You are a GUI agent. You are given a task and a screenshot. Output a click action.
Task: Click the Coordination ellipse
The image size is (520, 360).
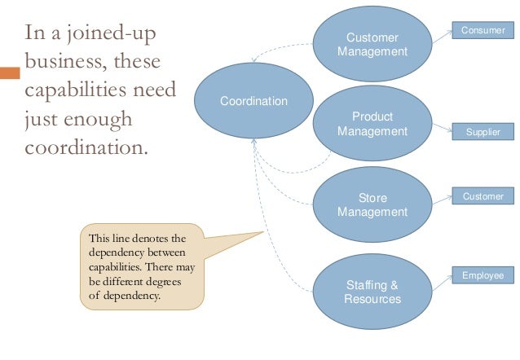pos(253,102)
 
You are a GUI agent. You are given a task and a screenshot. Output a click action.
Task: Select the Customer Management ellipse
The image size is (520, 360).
pos(372,45)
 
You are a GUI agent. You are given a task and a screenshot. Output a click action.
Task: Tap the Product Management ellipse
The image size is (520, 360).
pos(372,124)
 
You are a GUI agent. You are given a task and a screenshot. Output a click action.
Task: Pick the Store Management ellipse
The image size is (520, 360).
pos(372,205)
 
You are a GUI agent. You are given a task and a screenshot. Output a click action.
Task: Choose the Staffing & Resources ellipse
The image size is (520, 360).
pos(372,292)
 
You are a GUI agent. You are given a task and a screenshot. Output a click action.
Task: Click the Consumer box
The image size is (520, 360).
pos(483,30)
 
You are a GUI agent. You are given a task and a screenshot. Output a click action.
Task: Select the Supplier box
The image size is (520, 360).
pos(483,131)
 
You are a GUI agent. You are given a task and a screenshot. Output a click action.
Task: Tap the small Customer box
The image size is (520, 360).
pos(483,196)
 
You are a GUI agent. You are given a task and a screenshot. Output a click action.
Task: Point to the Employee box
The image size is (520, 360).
pos(483,276)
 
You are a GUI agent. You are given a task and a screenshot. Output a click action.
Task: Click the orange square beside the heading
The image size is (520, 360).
pos(9,73)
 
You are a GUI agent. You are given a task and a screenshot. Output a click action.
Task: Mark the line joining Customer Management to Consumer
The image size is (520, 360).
pos(443,36)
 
